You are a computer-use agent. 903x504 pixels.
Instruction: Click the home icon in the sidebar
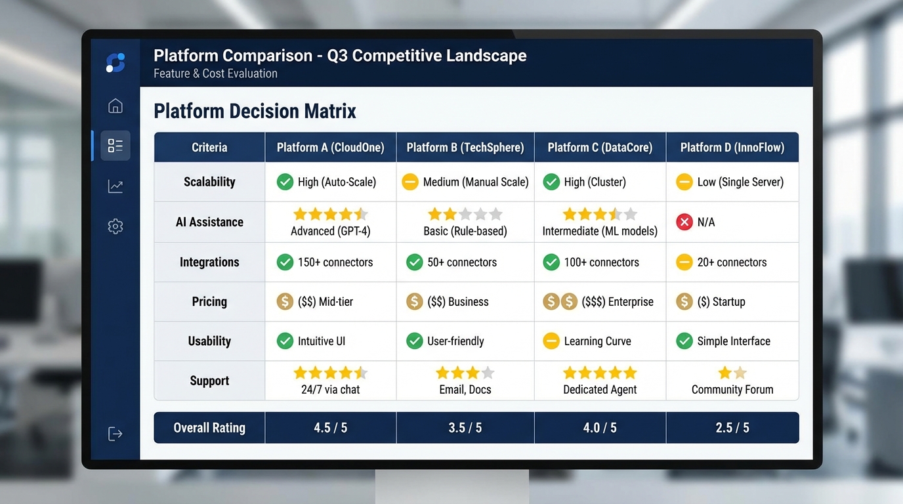(x=115, y=106)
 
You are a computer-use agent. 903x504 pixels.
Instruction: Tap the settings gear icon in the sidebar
(x=115, y=226)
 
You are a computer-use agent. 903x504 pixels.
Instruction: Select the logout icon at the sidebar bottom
(x=115, y=434)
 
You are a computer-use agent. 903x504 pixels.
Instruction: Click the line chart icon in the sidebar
(x=115, y=186)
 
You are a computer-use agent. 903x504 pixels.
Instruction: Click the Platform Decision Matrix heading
(x=255, y=111)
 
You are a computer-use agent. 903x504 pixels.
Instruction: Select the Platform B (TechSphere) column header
(x=465, y=148)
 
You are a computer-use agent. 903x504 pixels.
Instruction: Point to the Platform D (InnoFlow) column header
(x=732, y=148)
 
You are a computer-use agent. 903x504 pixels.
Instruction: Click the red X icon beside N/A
(x=684, y=222)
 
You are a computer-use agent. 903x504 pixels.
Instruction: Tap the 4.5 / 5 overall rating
(x=330, y=428)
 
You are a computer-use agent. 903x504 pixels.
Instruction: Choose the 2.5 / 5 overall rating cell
(x=732, y=428)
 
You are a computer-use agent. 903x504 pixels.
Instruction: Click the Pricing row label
(x=209, y=302)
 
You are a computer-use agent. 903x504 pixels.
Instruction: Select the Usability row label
(x=209, y=341)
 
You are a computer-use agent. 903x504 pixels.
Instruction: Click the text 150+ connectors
(x=335, y=262)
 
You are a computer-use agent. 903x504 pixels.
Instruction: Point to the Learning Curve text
(x=597, y=341)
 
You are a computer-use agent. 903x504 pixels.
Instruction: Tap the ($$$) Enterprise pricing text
(x=612, y=302)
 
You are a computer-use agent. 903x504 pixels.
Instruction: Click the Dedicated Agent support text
(x=600, y=390)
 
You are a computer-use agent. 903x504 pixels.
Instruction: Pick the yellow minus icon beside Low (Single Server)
(x=684, y=182)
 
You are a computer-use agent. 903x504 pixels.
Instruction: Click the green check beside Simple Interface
(x=684, y=341)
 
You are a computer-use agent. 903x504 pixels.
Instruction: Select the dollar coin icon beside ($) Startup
(x=684, y=302)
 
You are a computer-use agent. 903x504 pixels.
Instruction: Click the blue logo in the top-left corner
(x=115, y=63)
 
